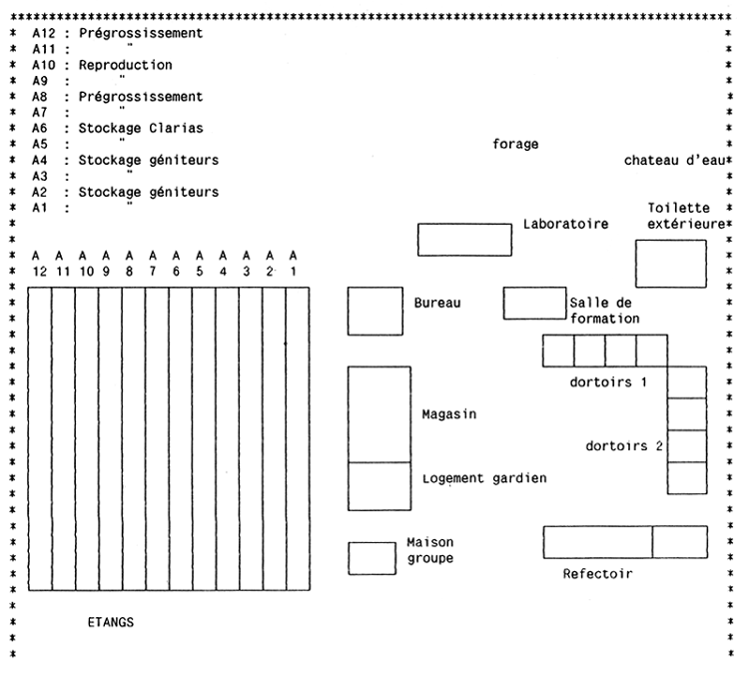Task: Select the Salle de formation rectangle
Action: (534, 303)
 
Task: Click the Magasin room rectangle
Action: (379, 414)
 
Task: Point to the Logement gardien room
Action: (379, 486)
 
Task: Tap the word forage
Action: (515, 144)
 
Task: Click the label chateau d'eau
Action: (670, 161)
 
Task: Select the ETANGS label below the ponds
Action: (111, 622)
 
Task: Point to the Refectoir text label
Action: (597, 574)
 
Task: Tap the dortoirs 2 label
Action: (626, 446)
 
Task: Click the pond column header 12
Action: (36, 270)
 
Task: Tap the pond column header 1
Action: (294, 270)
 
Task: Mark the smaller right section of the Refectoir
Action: (679, 542)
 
